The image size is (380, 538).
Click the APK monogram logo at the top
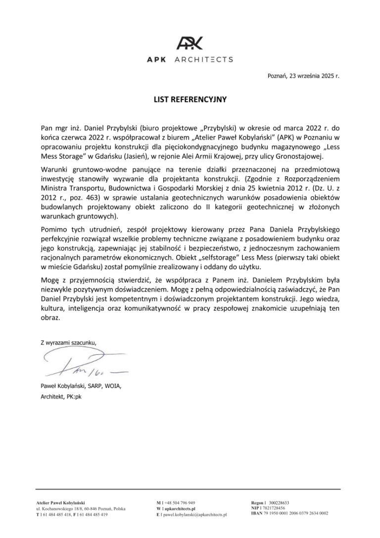point(190,43)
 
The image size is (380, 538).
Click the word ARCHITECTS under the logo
point(204,60)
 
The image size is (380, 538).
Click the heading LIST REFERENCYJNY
point(190,99)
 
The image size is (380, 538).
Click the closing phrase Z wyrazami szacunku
point(67,342)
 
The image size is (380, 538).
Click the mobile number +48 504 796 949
point(178,502)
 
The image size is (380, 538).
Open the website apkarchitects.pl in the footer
point(179,508)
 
